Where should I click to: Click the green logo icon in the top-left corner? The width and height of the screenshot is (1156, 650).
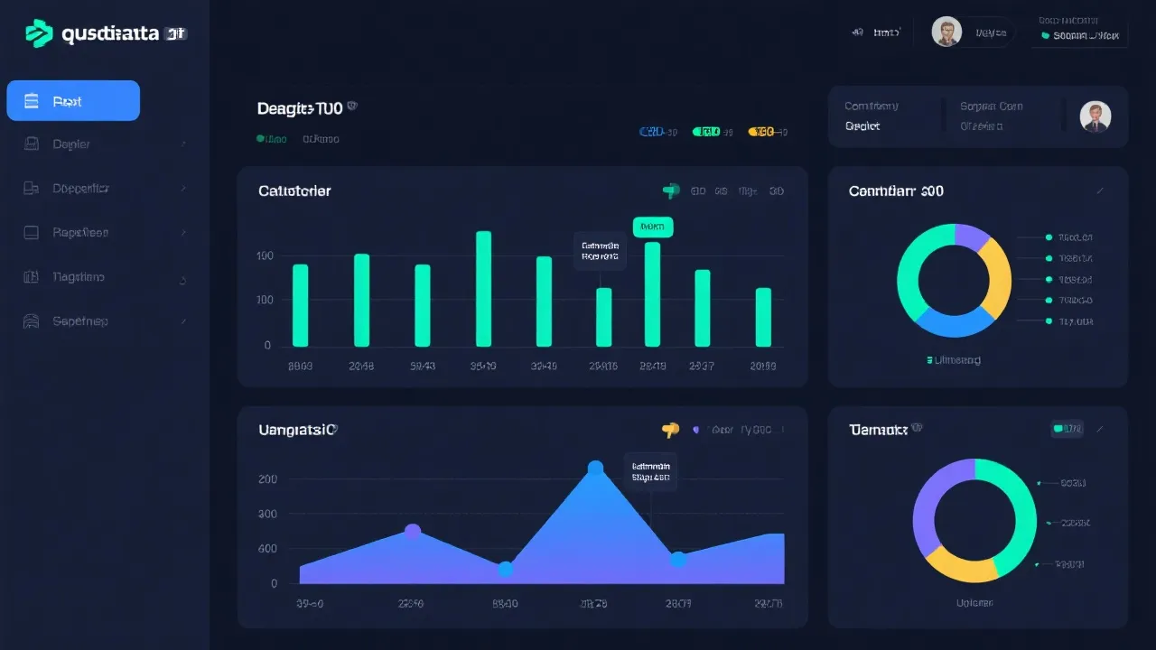point(39,33)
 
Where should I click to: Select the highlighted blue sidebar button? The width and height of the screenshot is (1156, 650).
point(73,100)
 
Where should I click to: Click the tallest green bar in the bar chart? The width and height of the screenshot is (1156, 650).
point(483,289)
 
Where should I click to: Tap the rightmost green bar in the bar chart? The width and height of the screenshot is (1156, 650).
point(763,317)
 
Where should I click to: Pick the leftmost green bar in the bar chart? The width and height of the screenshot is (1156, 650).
point(300,305)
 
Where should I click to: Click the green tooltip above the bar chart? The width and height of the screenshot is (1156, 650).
point(653,227)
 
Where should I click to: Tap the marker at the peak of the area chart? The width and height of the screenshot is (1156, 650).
point(595,468)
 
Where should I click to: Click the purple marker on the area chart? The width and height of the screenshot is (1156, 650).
point(413,532)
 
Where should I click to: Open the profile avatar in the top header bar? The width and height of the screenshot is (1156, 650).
point(946,32)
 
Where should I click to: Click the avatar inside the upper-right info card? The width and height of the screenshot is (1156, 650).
point(1095,116)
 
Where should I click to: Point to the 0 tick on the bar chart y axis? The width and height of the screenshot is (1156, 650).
point(267,345)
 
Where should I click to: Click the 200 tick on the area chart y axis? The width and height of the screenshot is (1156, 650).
point(267,479)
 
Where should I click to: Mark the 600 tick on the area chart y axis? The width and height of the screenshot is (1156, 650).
point(267,549)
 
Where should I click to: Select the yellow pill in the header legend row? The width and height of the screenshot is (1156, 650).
point(761,132)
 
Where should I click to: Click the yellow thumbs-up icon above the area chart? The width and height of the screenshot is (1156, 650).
point(669,431)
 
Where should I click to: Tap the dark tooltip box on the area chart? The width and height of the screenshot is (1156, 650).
point(650,470)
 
